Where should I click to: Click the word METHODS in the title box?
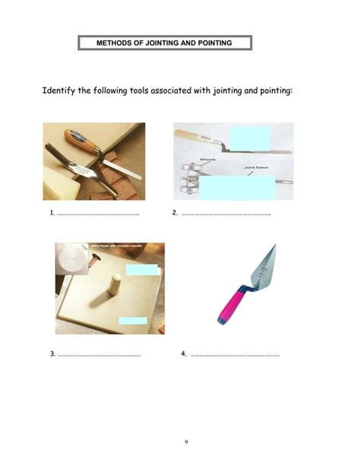[114, 43]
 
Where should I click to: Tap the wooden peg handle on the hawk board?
[115, 287]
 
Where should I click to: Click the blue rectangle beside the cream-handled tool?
[248, 140]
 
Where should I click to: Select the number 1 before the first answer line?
[52, 213]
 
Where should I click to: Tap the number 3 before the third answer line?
[52, 353]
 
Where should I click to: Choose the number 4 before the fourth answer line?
[184, 353]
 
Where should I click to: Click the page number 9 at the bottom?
[186, 442]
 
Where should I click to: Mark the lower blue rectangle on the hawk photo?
[133, 321]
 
